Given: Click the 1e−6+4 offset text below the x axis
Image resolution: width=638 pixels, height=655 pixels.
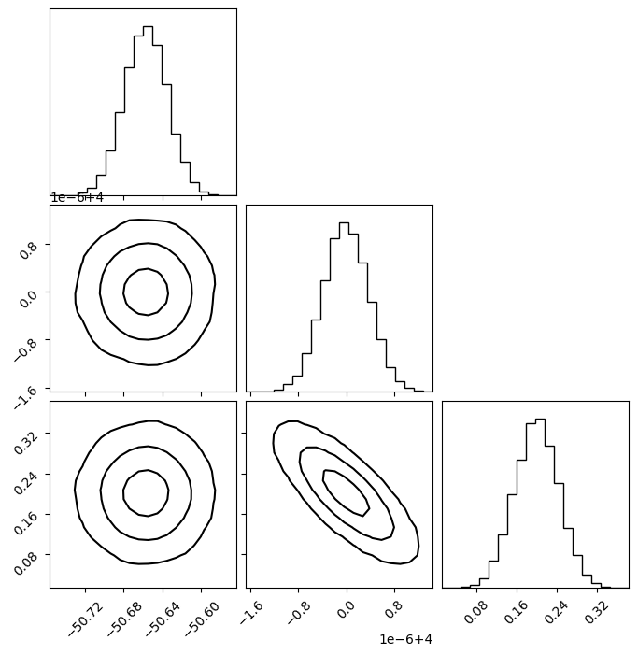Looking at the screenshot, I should (405, 639).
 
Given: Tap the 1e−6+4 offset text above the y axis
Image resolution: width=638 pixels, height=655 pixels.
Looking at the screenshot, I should (77, 197).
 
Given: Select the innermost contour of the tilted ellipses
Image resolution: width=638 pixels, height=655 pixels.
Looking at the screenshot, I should (346, 492).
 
